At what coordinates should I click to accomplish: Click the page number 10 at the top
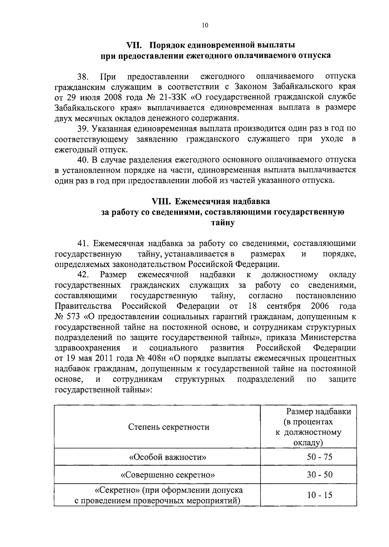[205, 26]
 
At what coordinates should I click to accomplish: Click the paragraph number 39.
[83, 129]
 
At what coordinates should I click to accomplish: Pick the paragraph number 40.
[83, 160]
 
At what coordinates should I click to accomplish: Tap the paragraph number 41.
[83, 243]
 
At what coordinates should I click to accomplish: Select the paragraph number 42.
[83, 275]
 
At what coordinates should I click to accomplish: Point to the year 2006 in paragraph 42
[320, 306]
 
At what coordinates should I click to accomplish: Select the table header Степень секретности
[169, 427]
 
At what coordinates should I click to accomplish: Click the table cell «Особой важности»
[168, 457]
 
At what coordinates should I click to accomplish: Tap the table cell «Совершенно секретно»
[168, 475]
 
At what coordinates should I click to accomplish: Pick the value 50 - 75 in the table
[320, 457]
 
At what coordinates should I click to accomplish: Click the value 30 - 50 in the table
[320, 475]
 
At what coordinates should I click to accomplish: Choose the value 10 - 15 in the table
[320, 495]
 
